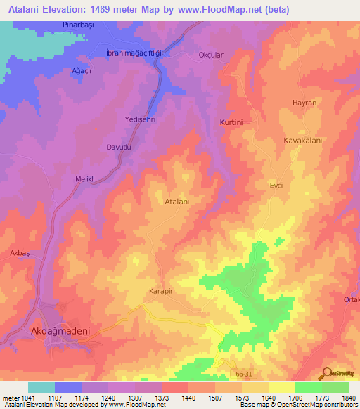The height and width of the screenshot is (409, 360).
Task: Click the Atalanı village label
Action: click(177, 201)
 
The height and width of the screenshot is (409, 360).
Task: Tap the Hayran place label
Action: click(304, 103)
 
